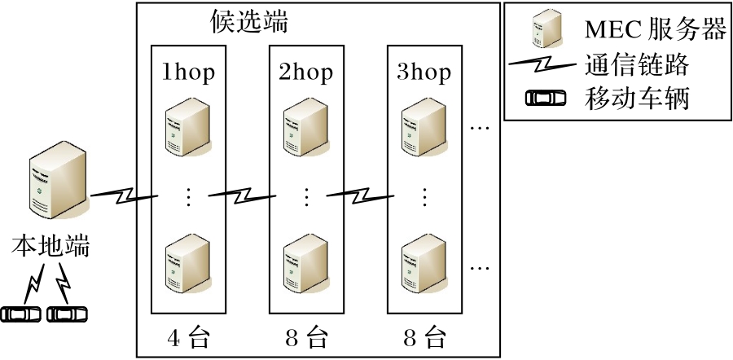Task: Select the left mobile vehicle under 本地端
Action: (x=22, y=313)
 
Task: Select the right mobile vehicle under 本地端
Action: (x=68, y=313)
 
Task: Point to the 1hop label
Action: (x=188, y=72)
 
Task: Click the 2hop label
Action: (x=305, y=72)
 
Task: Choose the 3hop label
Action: (x=424, y=72)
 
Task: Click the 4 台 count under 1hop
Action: (x=188, y=337)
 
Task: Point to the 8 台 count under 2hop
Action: (x=305, y=337)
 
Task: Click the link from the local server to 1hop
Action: (x=123, y=195)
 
